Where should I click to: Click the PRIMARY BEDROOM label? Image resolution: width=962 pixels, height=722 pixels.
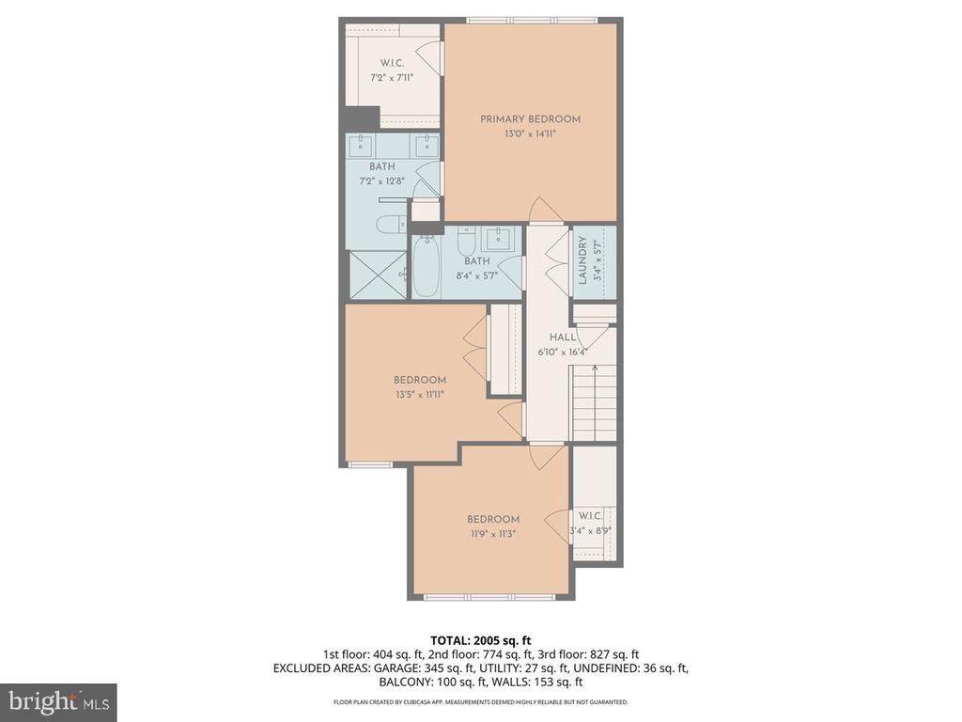coord(530,119)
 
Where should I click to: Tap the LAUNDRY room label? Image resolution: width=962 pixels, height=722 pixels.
coord(582,260)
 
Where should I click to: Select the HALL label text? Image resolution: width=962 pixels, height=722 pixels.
coord(563,337)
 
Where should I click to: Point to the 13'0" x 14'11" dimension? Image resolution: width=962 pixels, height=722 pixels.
coord(530,133)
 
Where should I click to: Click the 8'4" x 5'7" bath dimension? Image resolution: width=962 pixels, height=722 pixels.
coord(476,275)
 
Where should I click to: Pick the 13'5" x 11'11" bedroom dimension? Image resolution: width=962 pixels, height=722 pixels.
coord(420,395)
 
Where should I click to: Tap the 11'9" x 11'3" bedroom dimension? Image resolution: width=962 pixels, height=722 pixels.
coord(493,534)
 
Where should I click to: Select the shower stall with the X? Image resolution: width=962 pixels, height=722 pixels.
coord(376,275)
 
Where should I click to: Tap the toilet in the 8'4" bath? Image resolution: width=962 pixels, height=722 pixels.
coord(467,243)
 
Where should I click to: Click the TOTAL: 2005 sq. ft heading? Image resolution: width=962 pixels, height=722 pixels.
coord(480,641)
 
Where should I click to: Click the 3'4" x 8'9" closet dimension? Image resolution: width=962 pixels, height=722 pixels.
coord(592,531)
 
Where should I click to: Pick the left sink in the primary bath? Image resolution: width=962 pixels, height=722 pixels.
coord(361,145)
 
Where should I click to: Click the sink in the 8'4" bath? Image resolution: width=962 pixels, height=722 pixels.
coord(496,239)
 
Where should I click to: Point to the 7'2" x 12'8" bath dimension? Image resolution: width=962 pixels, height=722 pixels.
coord(381,181)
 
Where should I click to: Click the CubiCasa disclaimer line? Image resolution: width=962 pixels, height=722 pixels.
coord(480,701)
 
